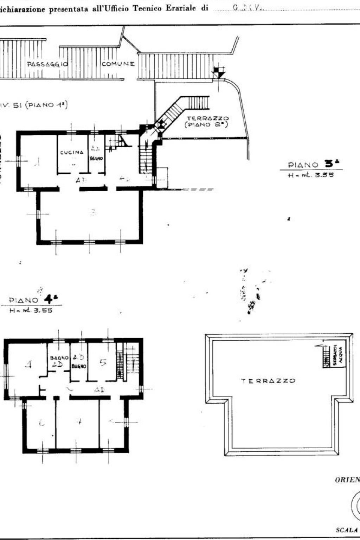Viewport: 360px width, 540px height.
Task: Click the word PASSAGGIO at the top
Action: point(47,64)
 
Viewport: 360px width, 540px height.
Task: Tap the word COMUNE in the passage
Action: point(118,64)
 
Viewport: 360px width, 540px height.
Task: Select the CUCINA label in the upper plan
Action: point(72,153)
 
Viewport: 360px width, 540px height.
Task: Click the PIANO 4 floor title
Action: point(34,300)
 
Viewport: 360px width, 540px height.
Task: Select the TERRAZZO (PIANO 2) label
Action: point(208,121)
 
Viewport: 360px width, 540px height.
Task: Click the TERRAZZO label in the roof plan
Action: point(268,381)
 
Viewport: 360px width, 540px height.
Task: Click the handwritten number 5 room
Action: point(103,362)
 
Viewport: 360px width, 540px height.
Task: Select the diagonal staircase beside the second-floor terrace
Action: point(172,112)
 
